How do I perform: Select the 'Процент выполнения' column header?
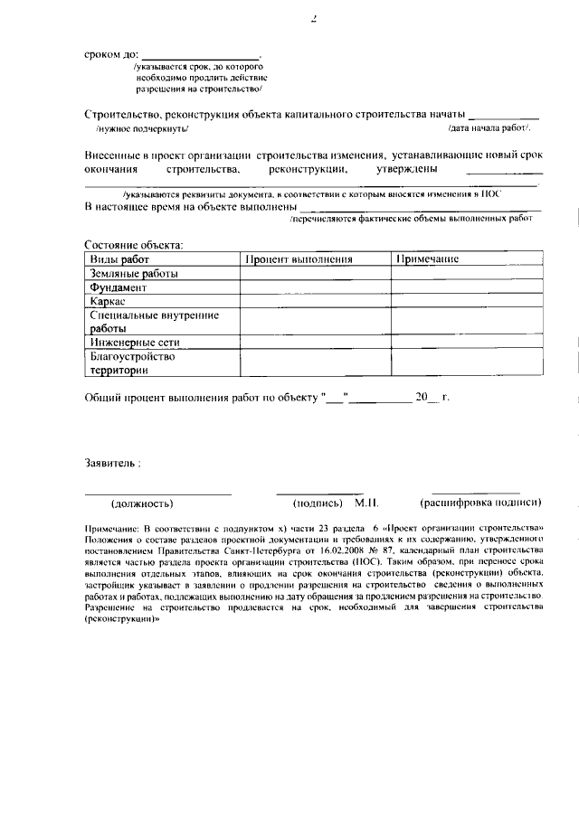coord(298,259)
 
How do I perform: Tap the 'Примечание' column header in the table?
coord(428,259)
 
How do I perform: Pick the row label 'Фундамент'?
coord(118,287)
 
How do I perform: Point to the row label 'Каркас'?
coord(108,301)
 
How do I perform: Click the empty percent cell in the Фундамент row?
coord(315,287)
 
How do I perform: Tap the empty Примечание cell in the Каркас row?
coord(466,301)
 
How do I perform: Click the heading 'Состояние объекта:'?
coord(133,245)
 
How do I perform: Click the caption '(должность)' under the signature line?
coord(142,503)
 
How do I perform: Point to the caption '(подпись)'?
coord(317,503)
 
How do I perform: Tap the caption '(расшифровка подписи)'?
coord(480,503)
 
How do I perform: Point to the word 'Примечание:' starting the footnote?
coord(112,527)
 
